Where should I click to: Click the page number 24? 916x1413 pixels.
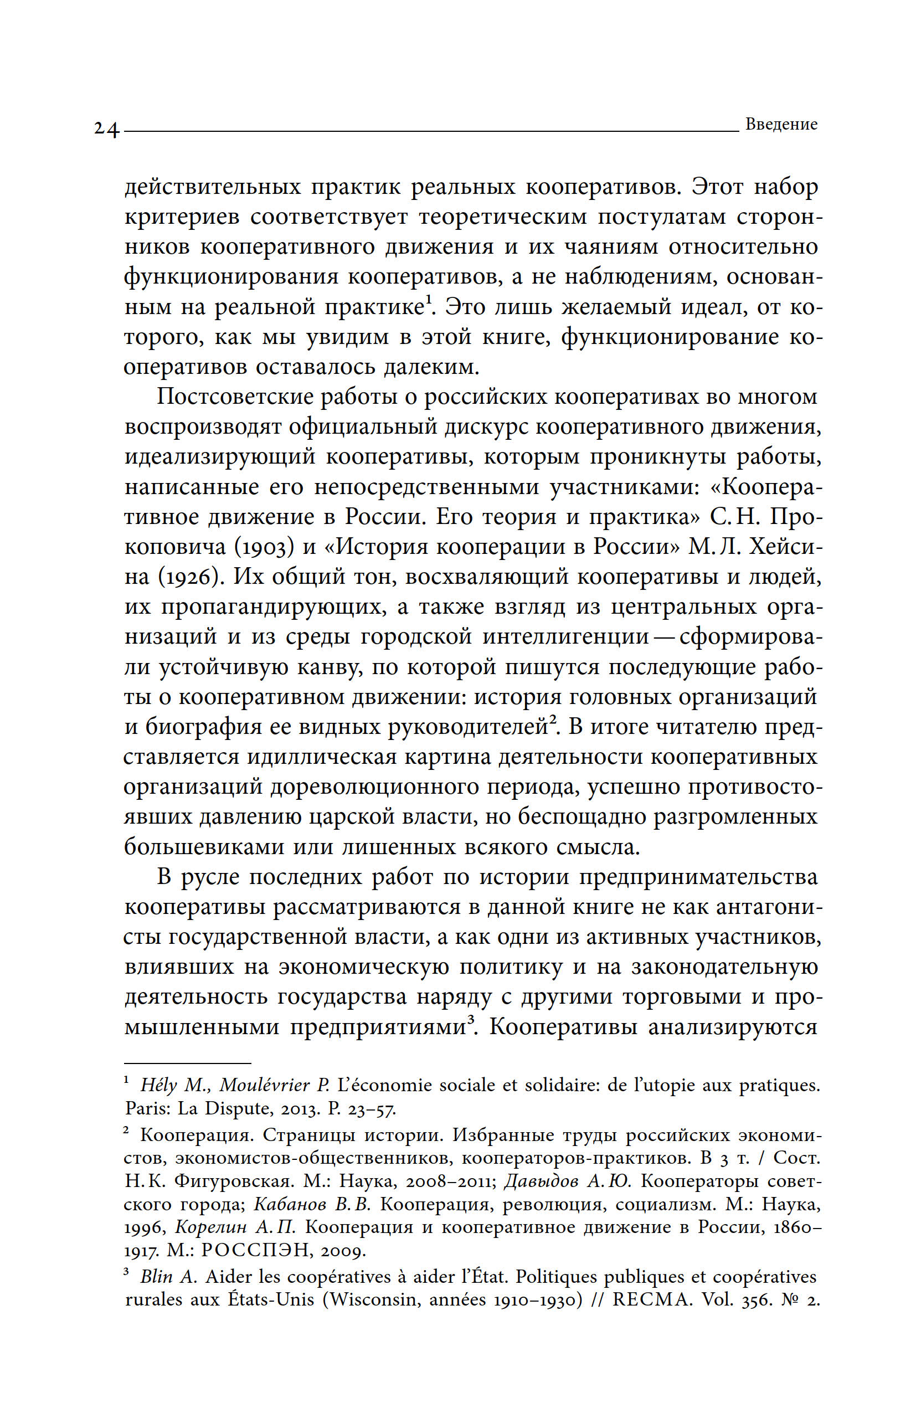tap(106, 130)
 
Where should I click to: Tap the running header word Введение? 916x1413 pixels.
tap(781, 125)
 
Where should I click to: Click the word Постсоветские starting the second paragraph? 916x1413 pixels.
tap(234, 397)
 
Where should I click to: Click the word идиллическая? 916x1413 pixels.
tap(321, 758)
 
